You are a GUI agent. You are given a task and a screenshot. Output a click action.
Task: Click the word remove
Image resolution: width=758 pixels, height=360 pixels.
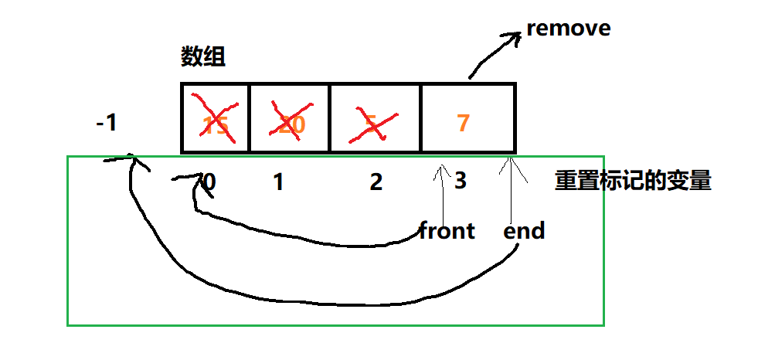coord(569,29)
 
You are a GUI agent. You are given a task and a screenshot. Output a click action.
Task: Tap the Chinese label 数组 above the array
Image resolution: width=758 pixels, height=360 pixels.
coord(203,56)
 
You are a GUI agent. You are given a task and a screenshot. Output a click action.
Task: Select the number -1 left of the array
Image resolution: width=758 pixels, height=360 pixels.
coord(106,122)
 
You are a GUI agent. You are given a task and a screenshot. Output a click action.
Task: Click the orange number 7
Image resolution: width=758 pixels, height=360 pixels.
coord(463,122)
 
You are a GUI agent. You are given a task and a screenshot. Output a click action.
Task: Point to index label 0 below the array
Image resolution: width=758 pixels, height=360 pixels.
coord(208,182)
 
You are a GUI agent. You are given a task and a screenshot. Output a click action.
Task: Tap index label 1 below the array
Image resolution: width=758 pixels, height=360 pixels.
coord(278,182)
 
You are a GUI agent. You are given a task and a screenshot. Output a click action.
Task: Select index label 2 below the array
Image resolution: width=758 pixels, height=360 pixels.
coord(376,182)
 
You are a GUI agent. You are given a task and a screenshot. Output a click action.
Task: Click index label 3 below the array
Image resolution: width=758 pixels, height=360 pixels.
coord(461,182)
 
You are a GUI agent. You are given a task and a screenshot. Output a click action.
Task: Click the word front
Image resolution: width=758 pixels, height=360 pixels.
coord(447,230)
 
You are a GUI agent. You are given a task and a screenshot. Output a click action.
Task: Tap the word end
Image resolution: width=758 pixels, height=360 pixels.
coord(524,230)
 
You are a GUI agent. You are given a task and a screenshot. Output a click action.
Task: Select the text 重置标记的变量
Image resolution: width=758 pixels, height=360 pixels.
coord(633,182)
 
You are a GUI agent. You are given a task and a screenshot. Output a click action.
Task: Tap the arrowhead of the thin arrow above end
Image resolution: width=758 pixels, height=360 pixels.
coord(510,163)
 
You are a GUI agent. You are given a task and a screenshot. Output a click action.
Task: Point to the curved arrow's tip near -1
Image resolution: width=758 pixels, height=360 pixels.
coord(133,160)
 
